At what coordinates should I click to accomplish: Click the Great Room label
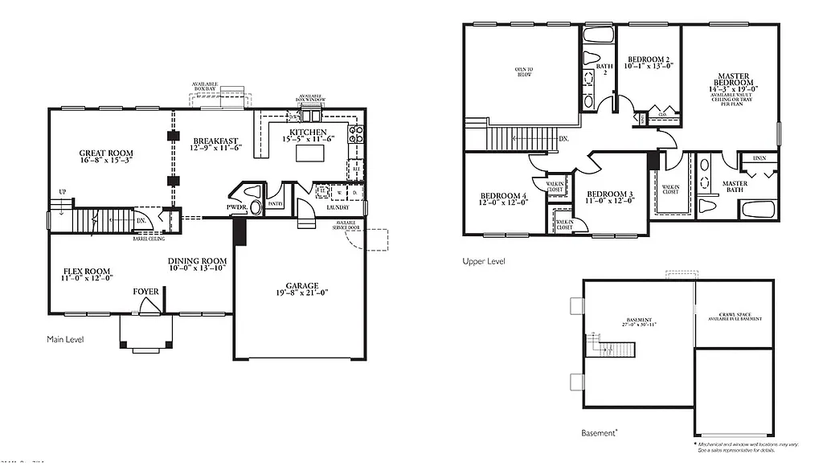point(106,153)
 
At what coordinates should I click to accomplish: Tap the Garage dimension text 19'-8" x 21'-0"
point(301,294)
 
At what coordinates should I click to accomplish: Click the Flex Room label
point(87,271)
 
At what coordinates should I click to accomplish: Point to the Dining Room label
point(197,261)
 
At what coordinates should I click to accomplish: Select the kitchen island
point(309,152)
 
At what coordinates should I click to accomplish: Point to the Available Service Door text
point(347,226)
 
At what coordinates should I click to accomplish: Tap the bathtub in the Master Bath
point(757,211)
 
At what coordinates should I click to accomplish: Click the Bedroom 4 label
point(503,196)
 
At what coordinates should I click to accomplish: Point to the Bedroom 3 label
point(609,194)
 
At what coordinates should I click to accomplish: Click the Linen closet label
point(759,158)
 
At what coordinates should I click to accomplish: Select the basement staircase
point(615,348)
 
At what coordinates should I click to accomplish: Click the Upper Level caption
point(484,261)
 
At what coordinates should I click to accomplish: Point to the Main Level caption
point(65,340)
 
